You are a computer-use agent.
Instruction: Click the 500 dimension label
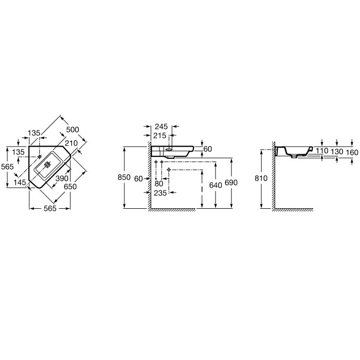(73, 130)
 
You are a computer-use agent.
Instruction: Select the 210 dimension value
(71, 143)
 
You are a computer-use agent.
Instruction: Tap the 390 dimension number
(62, 178)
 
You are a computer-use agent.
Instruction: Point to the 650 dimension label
(70, 187)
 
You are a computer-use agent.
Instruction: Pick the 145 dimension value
(20, 183)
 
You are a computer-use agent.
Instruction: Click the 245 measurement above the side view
(161, 127)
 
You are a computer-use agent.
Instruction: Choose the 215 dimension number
(160, 136)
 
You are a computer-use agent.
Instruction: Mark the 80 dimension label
(159, 184)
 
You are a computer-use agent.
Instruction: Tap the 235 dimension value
(160, 193)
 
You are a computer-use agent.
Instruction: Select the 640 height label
(215, 185)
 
